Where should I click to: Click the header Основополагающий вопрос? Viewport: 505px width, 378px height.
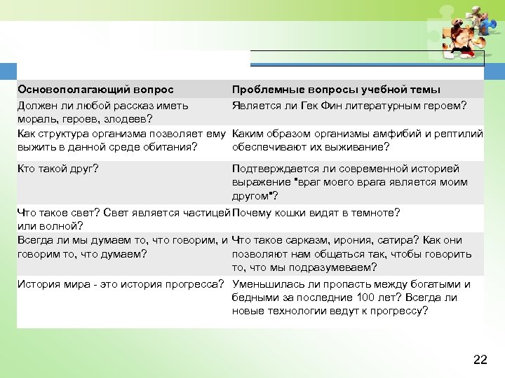[x=95, y=90]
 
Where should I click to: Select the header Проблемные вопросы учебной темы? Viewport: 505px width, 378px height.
[x=336, y=90]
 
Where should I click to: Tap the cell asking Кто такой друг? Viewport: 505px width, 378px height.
[x=58, y=169]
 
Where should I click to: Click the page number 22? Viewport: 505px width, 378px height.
[x=480, y=360]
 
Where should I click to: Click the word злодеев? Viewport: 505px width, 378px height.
[x=125, y=120]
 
